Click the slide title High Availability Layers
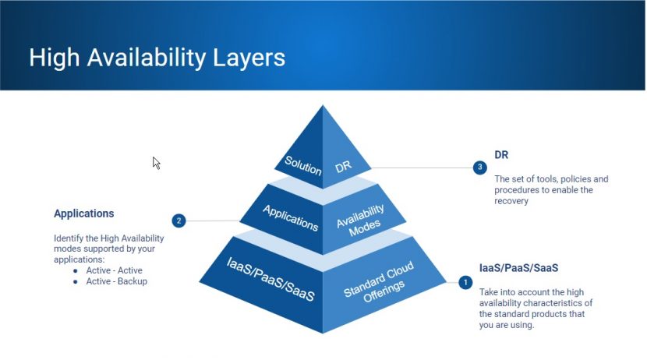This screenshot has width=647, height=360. [x=157, y=58]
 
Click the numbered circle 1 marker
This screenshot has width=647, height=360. [x=465, y=282]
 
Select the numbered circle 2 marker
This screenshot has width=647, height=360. [x=179, y=221]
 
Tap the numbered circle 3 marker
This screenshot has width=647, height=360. [x=480, y=167]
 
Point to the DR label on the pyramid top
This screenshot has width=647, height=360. [x=343, y=167]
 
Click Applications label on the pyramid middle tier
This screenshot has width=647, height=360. [x=290, y=217]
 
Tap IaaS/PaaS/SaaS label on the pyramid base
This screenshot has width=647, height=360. [x=270, y=278]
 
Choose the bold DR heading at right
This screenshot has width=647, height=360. [x=501, y=155]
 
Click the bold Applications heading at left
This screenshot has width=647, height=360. [x=83, y=213]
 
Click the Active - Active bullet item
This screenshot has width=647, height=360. [x=115, y=270]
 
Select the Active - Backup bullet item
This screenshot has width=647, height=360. [x=116, y=281]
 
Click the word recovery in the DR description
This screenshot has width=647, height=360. [x=511, y=200]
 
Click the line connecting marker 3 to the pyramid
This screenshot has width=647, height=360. [x=421, y=167]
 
